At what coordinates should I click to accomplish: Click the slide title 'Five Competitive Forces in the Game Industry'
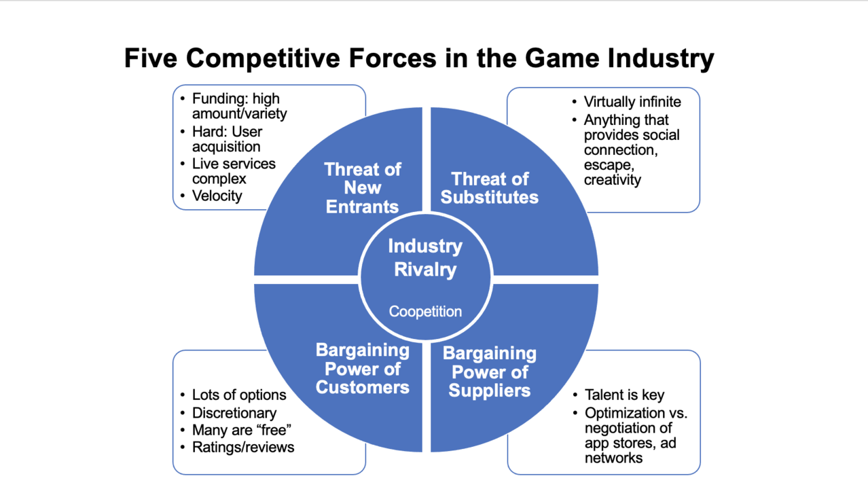pos(418,58)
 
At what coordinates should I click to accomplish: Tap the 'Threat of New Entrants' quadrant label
pos(362,188)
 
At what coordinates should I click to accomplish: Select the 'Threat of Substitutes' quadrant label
pos(489,188)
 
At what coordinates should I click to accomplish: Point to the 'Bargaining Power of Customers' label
pos(362,369)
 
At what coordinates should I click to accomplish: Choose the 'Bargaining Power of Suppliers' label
pos(489,372)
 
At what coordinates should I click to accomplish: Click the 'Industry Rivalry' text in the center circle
pos(425,258)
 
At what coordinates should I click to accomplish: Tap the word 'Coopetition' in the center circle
pos(425,312)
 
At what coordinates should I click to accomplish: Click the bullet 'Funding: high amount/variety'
pos(239,106)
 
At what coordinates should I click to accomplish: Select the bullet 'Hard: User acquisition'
pos(227,139)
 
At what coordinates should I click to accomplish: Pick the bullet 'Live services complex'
pos(234,171)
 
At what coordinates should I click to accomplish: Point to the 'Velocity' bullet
pos(217,196)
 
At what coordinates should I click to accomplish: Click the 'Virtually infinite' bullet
pos(632,102)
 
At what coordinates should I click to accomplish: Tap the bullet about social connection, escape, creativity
pos(631,149)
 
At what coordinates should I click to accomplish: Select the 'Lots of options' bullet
pos(239,395)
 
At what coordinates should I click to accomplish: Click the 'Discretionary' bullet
pos(234,412)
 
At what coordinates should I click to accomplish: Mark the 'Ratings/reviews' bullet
pos(243,447)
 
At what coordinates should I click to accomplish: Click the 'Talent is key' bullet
pos(624,395)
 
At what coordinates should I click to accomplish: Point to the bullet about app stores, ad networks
pos(635,435)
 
